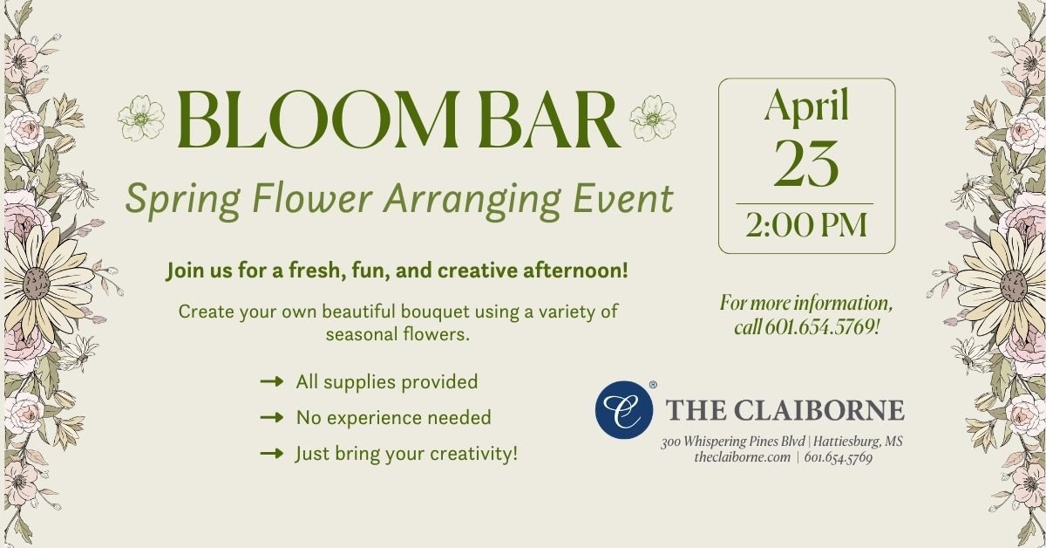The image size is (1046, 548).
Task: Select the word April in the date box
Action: pyautogui.click(x=806, y=106)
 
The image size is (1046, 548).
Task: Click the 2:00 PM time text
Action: pyautogui.click(x=806, y=224)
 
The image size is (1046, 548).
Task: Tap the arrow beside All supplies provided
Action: pyautogui.click(x=272, y=381)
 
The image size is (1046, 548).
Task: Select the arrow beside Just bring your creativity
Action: pyautogui.click(x=272, y=454)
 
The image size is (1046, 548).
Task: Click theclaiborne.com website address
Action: pyautogui.click(x=742, y=456)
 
